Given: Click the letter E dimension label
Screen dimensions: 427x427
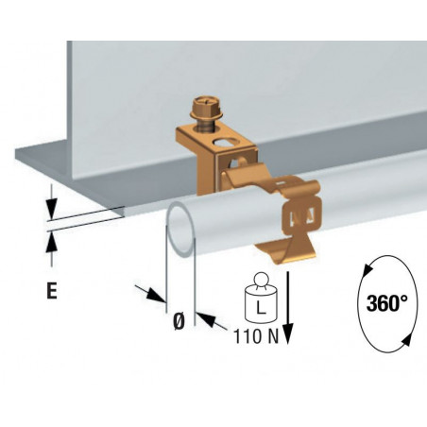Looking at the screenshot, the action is tap(52, 290).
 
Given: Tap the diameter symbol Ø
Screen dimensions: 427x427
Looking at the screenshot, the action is tap(179, 321).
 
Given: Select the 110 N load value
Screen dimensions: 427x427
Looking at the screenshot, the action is tap(256, 336).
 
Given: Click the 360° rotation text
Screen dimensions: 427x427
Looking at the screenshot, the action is tap(387, 303).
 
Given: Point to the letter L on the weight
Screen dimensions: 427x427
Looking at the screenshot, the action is tap(260, 308).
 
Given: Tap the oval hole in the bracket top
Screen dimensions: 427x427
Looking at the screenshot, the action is tap(224, 143).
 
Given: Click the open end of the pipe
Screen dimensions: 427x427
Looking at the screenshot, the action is tap(181, 229).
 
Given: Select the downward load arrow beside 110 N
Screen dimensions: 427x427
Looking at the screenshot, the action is tap(288, 307).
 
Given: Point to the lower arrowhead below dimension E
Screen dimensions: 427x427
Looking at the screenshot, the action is tap(51, 242).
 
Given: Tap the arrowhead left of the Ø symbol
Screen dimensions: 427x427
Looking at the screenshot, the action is tap(157, 295).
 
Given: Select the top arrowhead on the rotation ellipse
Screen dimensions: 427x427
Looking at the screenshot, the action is tap(367, 270).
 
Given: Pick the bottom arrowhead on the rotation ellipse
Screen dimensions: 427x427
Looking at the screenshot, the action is tap(406, 340).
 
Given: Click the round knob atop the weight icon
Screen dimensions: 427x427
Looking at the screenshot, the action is tap(261, 280).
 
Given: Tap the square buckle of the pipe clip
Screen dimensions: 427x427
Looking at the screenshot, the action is tap(302, 215).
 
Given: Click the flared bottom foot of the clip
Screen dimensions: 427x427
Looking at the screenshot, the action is tap(286, 252).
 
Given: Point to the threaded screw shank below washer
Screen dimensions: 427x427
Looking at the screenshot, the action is tap(205, 126).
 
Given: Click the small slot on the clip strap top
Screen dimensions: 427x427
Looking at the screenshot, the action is tap(281, 182).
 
